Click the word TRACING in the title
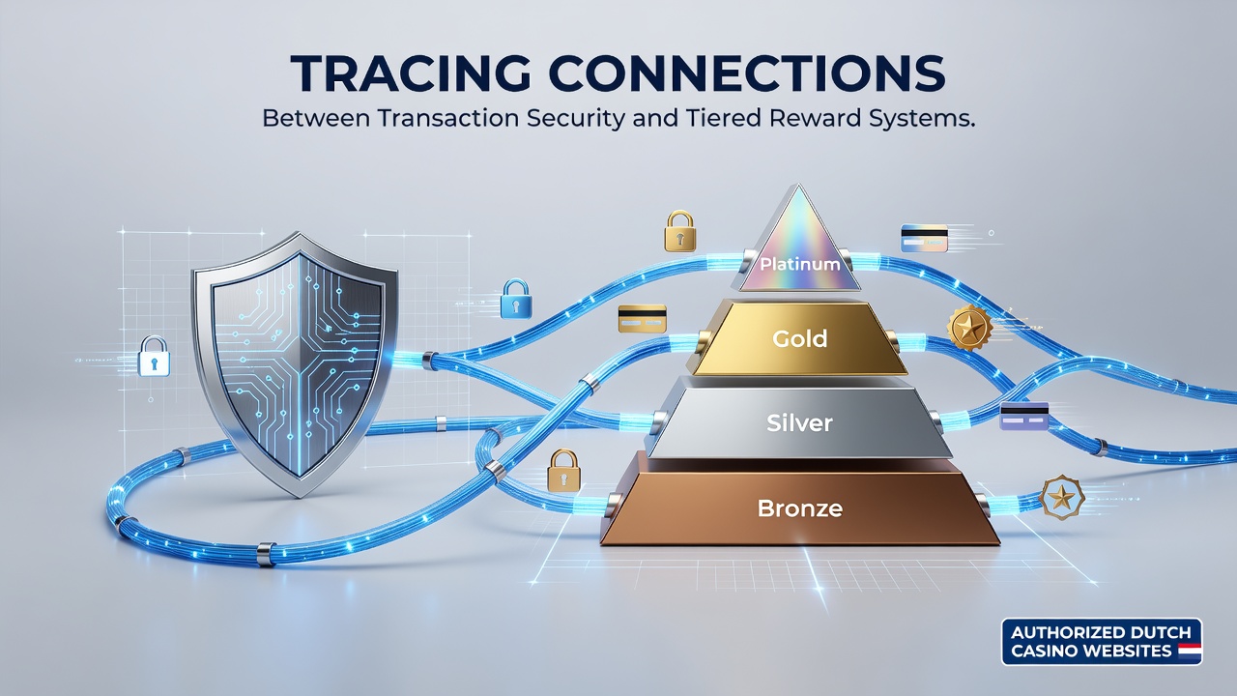(411, 72)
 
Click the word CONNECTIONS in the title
(747, 72)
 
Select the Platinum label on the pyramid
(799, 264)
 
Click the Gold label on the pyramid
(799, 338)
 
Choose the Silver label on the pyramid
(799, 423)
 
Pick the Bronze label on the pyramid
(799, 508)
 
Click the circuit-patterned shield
(295, 364)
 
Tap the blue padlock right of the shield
(516, 299)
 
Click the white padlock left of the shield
(154, 357)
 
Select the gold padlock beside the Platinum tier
(679, 231)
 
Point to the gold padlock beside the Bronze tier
(563, 470)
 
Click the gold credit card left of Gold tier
(643, 319)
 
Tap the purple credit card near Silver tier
(1024, 417)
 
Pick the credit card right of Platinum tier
(925, 239)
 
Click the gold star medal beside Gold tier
(969, 328)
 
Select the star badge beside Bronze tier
(1061, 498)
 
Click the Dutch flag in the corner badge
(1190, 651)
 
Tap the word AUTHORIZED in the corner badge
(1059, 632)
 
